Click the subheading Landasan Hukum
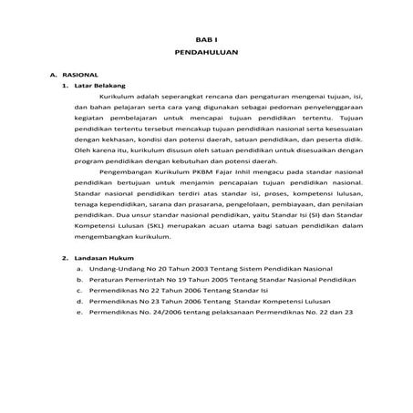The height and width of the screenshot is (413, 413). [95, 258]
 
